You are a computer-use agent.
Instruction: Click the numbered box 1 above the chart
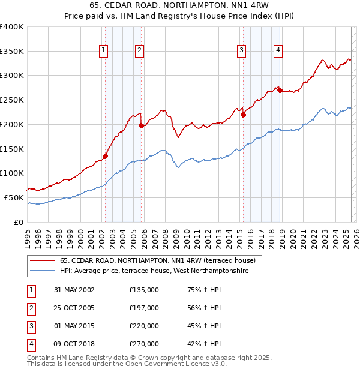(104, 51)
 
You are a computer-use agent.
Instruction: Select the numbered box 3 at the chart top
(241, 51)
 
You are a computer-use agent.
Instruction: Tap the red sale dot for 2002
(105, 156)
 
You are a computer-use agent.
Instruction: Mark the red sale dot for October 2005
(142, 126)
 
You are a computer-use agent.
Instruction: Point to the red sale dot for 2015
(243, 115)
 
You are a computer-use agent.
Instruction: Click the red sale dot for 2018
(280, 91)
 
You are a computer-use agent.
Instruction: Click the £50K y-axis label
(14, 197)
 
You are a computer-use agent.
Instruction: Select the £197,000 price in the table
(144, 308)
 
